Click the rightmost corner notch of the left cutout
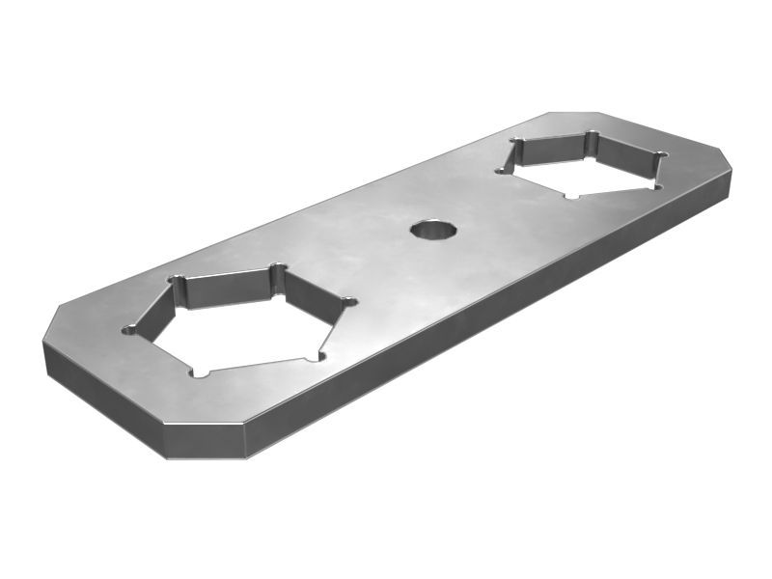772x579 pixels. click(348, 302)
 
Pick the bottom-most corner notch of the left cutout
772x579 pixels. click(201, 372)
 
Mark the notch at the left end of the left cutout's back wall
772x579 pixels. click(177, 280)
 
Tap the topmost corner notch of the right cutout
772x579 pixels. click(591, 136)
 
